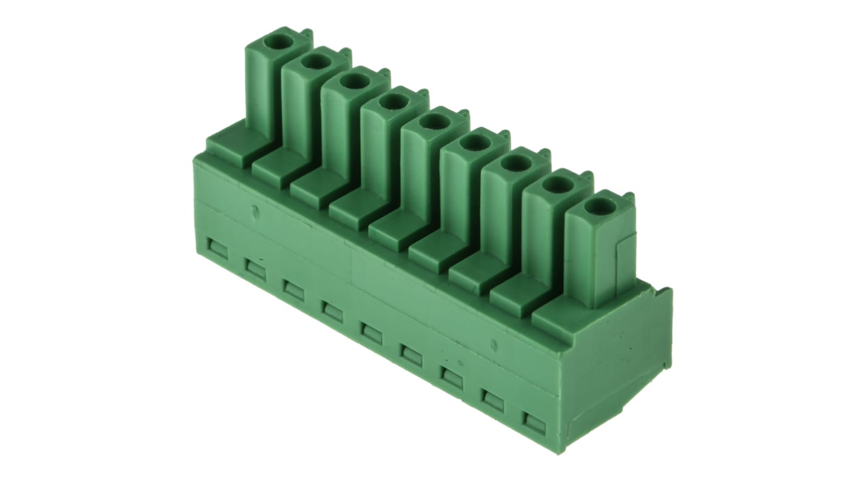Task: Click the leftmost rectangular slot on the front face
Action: [x=217, y=249]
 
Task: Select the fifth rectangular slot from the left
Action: [x=371, y=334]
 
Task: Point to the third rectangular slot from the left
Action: [x=294, y=291]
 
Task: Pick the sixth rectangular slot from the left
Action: [x=411, y=355]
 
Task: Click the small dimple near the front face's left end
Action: [x=255, y=212]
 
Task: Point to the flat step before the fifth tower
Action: [x=391, y=229]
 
